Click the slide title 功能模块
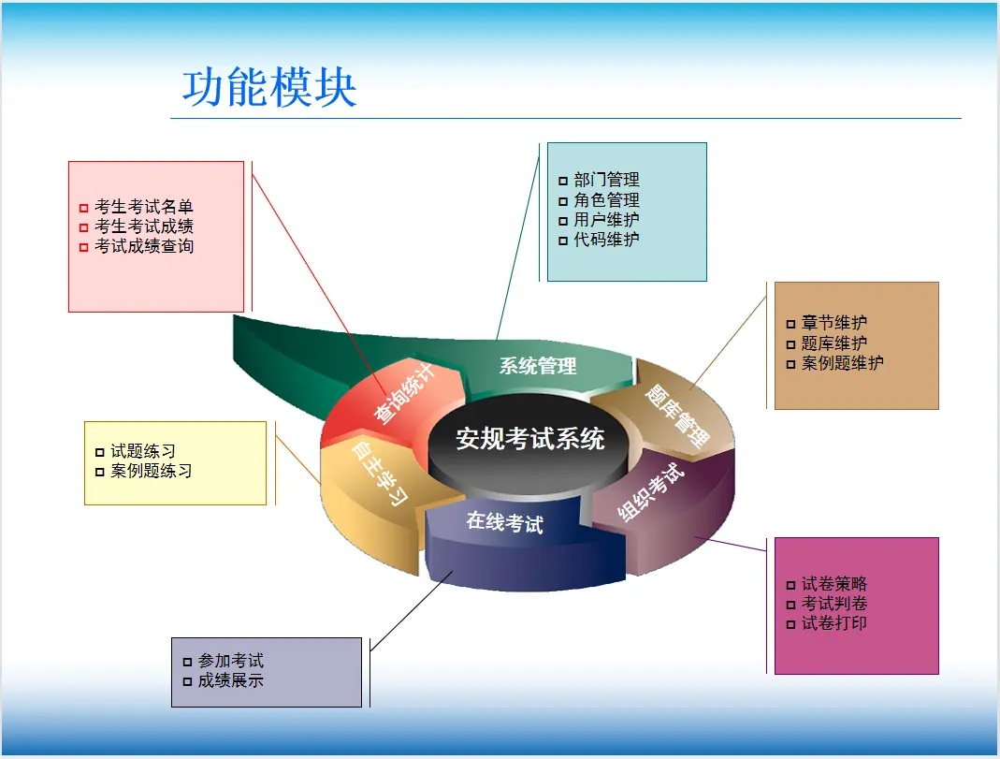269,87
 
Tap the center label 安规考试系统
530,439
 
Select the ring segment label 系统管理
538,366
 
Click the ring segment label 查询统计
404,393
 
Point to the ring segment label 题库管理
676,416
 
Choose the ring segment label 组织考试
650,491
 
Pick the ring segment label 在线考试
504,522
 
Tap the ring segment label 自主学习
380,473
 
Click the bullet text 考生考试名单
144,207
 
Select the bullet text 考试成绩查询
144,246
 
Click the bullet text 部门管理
606,180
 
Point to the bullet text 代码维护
606,240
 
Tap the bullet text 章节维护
834,323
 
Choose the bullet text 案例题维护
843,363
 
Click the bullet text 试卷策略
834,584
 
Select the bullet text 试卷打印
834,623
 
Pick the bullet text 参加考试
231,661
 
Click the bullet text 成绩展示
231,680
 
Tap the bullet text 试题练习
143,451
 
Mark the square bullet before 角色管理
563,201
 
